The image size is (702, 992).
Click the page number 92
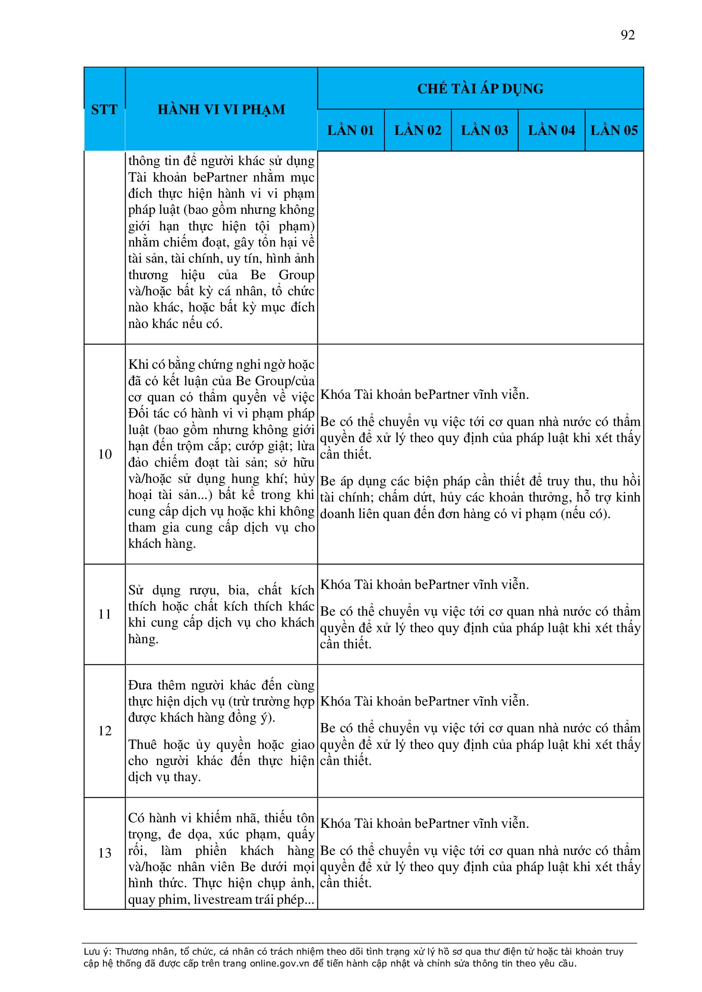pyautogui.click(x=627, y=35)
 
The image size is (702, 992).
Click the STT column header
pyautogui.click(x=104, y=110)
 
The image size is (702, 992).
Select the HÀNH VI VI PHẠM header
pyautogui.click(x=221, y=110)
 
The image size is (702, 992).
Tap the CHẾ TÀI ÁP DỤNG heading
pyautogui.click(x=480, y=89)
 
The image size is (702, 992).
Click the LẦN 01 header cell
pyautogui.click(x=350, y=131)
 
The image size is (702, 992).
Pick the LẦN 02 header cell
pyautogui.click(x=418, y=131)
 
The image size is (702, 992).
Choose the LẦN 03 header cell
pyautogui.click(x=484, y=131)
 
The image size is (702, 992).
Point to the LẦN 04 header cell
pyautogui.click(x=551, y=131)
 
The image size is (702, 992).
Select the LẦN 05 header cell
pyautogui.click(x=614, y=131)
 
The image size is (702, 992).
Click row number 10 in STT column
pyautogui.click(x=104, y=454)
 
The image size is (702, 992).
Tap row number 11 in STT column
pyautogui.click(x=104, y=614)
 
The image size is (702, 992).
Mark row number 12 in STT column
pyautogui.click(x=104, y=731)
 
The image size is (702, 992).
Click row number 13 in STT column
pyautogui.click(x=104, y=853)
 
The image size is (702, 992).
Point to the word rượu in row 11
pyautogui.click(x=204, y=590)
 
